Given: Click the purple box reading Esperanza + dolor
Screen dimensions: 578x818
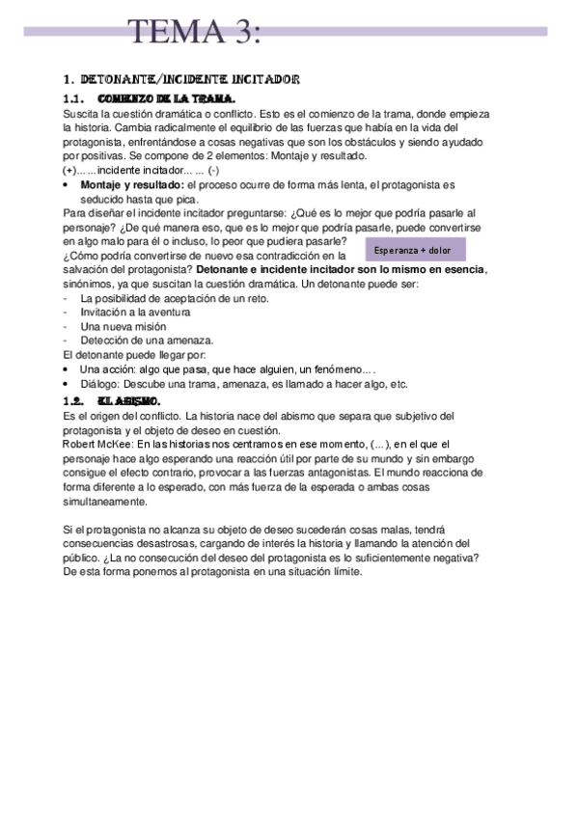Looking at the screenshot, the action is [x=412, y=251].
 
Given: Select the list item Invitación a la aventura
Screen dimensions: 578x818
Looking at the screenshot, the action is [x=135, y=312].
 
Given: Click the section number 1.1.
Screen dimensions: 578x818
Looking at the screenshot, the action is [x=75, y=99].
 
